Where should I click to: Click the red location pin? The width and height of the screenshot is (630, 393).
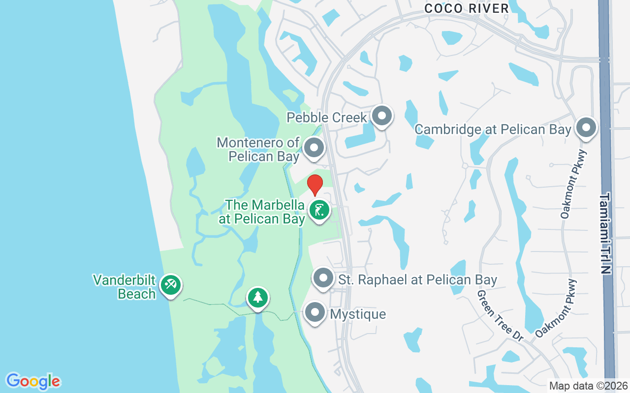coord(315,185)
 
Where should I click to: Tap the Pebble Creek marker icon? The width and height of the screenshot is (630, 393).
coord(381,116)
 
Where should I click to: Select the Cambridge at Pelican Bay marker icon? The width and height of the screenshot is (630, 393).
coord(586,128)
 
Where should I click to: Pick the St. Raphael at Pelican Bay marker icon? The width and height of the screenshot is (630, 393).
coord(323,278)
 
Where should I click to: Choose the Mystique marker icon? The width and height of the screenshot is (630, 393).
coord(315,312)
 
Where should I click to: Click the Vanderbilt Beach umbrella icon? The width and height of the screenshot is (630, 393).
coord(170,285)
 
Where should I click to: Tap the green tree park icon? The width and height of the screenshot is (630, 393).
coord(257,297)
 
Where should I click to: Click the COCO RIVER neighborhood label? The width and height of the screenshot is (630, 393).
coord(466,8)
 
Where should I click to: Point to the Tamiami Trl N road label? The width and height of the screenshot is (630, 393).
coord(605,233)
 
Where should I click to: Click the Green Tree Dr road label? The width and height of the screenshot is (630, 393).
coord(499,315)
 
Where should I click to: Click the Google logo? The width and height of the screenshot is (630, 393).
coord(33,381)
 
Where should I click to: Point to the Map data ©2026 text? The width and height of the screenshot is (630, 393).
coord(588,386)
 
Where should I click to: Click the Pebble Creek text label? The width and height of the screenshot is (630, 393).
coord(327,117)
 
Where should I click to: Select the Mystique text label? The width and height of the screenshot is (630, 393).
coord(358,314)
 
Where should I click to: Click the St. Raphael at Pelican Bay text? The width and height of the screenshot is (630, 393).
coord(418,280)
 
